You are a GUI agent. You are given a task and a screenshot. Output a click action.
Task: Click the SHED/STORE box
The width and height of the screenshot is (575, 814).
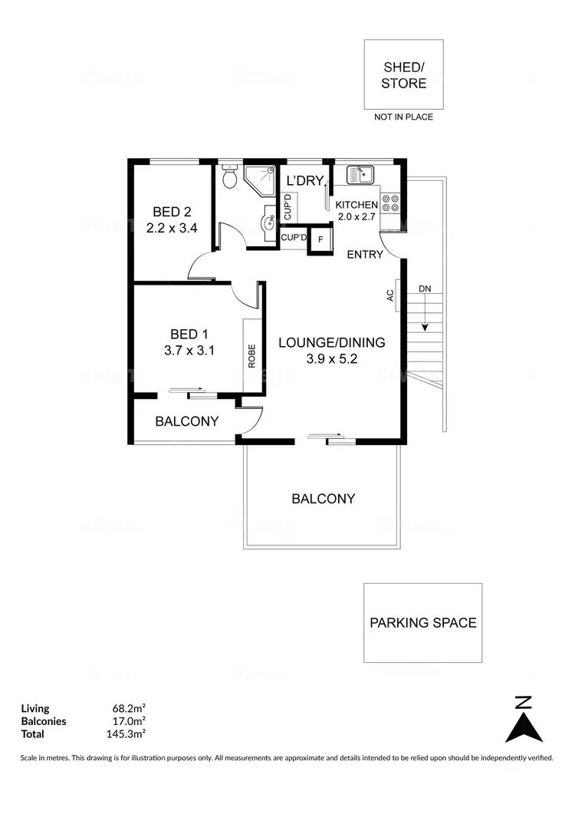click(404, 74)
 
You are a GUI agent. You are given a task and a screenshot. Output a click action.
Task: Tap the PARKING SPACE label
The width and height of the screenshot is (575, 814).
click(422, 622)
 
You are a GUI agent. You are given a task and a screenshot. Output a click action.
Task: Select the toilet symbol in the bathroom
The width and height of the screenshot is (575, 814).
click(228, 179)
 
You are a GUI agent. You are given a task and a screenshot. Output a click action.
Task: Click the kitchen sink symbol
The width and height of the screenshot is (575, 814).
click(359, 175)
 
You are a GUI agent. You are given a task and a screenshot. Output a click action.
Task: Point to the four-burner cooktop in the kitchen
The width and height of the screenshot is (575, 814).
click(389, 202)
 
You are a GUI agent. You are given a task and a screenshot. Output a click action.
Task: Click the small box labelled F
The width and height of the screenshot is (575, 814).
click(320, 239)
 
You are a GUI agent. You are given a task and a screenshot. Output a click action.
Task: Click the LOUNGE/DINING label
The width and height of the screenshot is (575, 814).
click(331, 343)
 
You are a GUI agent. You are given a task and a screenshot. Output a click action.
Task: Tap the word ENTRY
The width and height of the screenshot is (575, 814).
click(365, 255)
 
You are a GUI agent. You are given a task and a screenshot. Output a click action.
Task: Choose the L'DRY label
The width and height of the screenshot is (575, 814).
click(304, 182)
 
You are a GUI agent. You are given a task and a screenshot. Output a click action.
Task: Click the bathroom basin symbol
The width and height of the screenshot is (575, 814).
click(269, 222)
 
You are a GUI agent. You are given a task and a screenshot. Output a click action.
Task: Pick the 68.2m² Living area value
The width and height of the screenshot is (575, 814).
click(129, 708)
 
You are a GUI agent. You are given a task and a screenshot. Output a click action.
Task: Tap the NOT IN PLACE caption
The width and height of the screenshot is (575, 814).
click(403, 117)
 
